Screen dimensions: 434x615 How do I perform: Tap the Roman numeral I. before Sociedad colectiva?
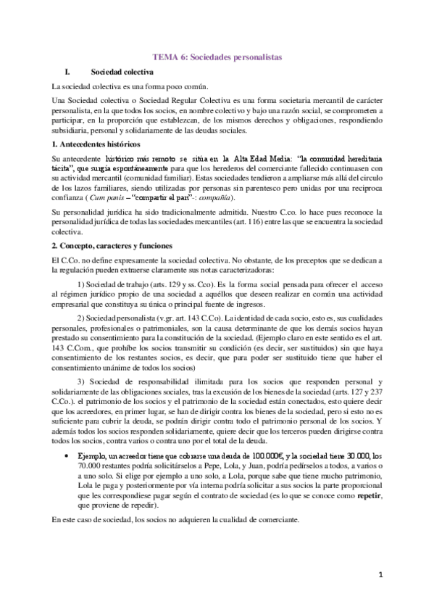coord(68,72)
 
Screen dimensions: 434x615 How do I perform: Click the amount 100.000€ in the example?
coord(222,455)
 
